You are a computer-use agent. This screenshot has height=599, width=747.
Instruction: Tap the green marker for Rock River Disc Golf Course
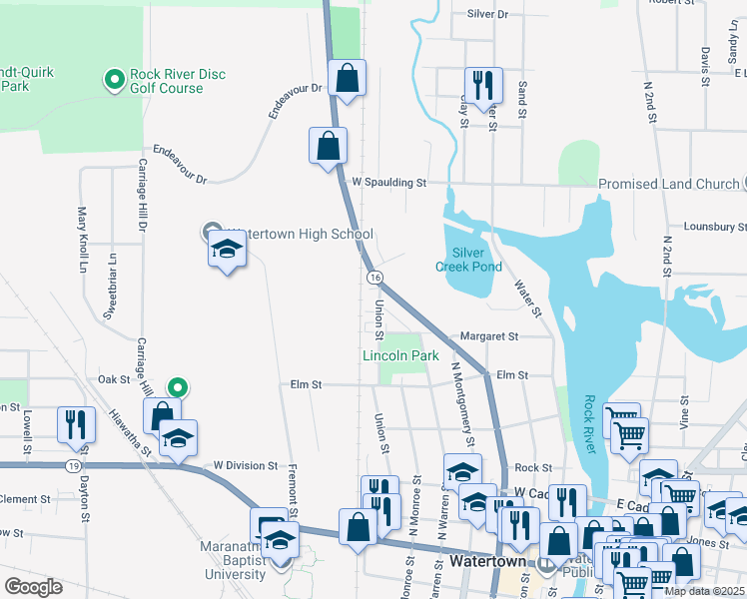coord(115,78)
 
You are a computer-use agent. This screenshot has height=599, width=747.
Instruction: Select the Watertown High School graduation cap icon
coord(227,251)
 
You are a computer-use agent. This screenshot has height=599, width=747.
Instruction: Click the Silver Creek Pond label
coord(468,260)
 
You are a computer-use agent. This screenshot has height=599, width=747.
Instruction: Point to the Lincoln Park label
coord(400,355)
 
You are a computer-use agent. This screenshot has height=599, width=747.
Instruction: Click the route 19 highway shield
coord(75,465)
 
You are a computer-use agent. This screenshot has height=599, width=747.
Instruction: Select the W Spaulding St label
coord(389,183)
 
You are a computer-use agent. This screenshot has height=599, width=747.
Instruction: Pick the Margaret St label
coord(489,337)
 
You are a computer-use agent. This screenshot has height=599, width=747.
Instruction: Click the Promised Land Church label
coord(668,184)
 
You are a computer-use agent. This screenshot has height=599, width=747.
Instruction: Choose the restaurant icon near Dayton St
coord(76,424)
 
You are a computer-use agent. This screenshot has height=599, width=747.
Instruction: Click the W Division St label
coord(245,465)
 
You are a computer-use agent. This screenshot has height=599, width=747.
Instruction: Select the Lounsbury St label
coord(715,227)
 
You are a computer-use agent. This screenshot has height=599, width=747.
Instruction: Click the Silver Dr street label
coord(487,15)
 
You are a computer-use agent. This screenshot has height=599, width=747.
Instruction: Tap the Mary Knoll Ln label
coord(83,241)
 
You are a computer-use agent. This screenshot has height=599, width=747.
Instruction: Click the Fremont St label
coord(294,488)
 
